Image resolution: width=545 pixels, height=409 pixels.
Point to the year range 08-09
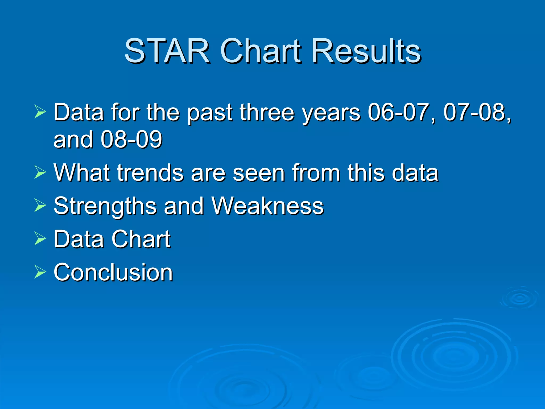(131, 140)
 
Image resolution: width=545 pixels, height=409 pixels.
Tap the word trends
(150, 173)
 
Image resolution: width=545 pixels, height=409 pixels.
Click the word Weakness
(267, 206)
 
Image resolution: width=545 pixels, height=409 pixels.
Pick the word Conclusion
(113, 272)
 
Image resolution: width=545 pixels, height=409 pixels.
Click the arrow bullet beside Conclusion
(40, 272)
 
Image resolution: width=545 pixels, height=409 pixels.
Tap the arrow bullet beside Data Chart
(40, 238)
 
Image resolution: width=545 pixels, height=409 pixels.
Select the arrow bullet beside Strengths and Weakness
(40, 205)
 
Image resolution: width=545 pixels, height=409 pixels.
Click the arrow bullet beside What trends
(40, 172)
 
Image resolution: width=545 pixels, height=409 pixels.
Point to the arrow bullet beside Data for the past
(40, 112)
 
